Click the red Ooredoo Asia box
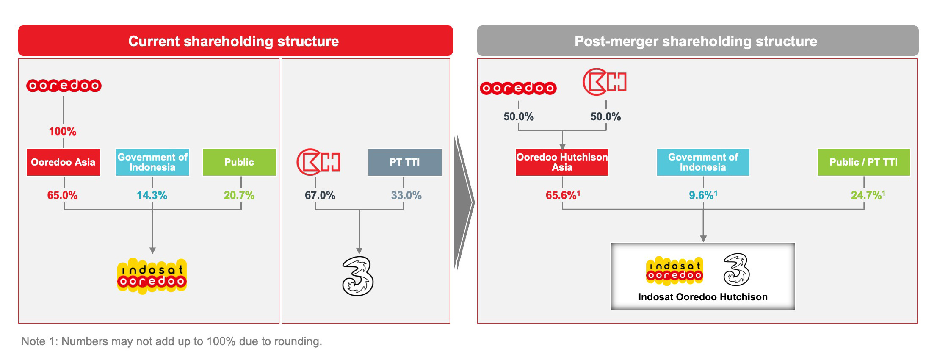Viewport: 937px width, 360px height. (x=63, y=162)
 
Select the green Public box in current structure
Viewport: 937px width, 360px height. (x=239, y=162)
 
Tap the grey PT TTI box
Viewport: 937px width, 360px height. (x=405, y=162)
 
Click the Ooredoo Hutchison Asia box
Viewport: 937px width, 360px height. (x=562, y=162)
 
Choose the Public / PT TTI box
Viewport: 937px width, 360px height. (x=864, y=162)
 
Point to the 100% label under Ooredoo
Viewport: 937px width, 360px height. (x=63, y=131)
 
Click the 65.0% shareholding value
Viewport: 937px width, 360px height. (x=63, y=195)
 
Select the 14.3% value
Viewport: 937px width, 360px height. (x=152, y=195)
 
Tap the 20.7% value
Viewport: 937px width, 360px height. (x=239, y=195)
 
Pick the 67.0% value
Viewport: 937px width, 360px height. (x=320, y=195)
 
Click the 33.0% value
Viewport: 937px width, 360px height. (x=406, y=195)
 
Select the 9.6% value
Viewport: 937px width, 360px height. (x=703, y=195)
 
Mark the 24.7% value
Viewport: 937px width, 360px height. (x=868, y=195)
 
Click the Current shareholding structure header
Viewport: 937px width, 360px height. (x=234, y=41)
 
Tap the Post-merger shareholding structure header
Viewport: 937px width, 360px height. (x=696, y=41)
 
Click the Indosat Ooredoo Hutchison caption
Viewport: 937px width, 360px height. (x=703, y=297)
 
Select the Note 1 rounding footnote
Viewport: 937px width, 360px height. (x=171, y=341)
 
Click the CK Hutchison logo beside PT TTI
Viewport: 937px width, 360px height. (x=318, y=162)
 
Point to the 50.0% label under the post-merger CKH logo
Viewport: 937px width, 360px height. (x=606, y=116)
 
